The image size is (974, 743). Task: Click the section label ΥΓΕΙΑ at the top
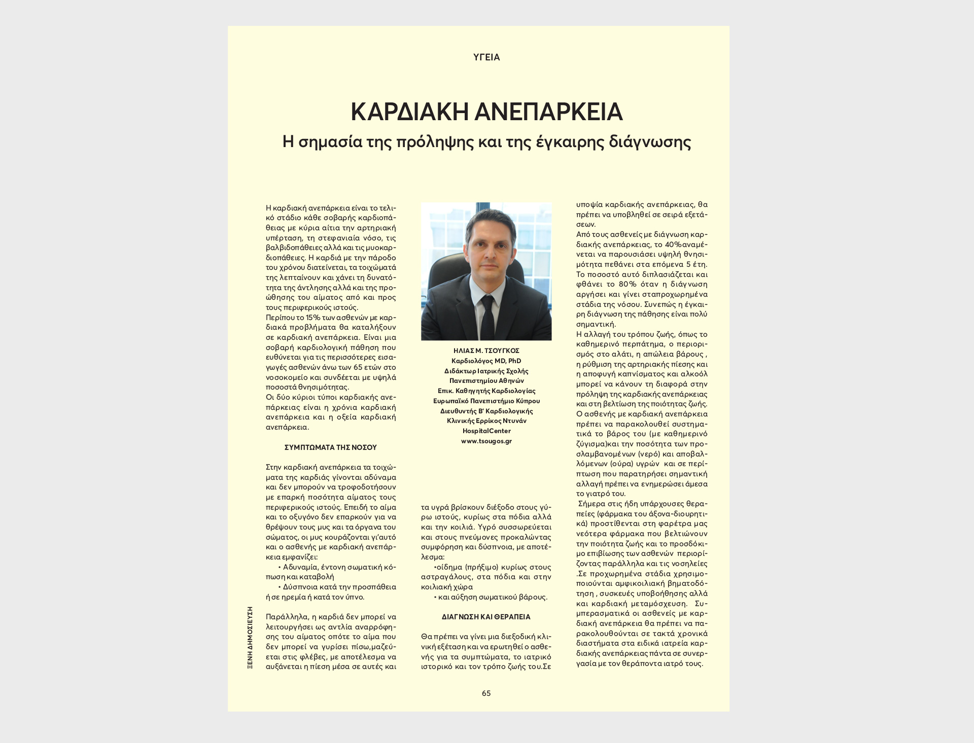click(486, 57)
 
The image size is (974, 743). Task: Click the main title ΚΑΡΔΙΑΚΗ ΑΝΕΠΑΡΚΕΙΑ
click(486, 112)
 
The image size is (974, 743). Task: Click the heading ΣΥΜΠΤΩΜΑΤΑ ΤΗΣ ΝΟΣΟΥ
click(330, 448)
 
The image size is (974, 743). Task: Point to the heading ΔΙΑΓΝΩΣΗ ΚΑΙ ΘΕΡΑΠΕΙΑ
click(486, 617)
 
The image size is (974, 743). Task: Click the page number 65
click(486, 693)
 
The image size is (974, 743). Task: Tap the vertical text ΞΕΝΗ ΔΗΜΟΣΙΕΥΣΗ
click(250, 638)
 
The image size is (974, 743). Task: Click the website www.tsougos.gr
click(486, 441)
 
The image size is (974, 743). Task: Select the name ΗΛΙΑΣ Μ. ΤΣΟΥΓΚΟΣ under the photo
click(486, 351)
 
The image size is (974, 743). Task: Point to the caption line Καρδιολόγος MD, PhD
click(486, 361)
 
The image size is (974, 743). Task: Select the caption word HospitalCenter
click(486, 431)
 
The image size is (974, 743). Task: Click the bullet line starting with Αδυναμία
click(337, 567)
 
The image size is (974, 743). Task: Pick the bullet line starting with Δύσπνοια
click(337, 587)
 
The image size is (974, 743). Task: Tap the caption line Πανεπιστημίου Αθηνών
click(486, 381)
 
